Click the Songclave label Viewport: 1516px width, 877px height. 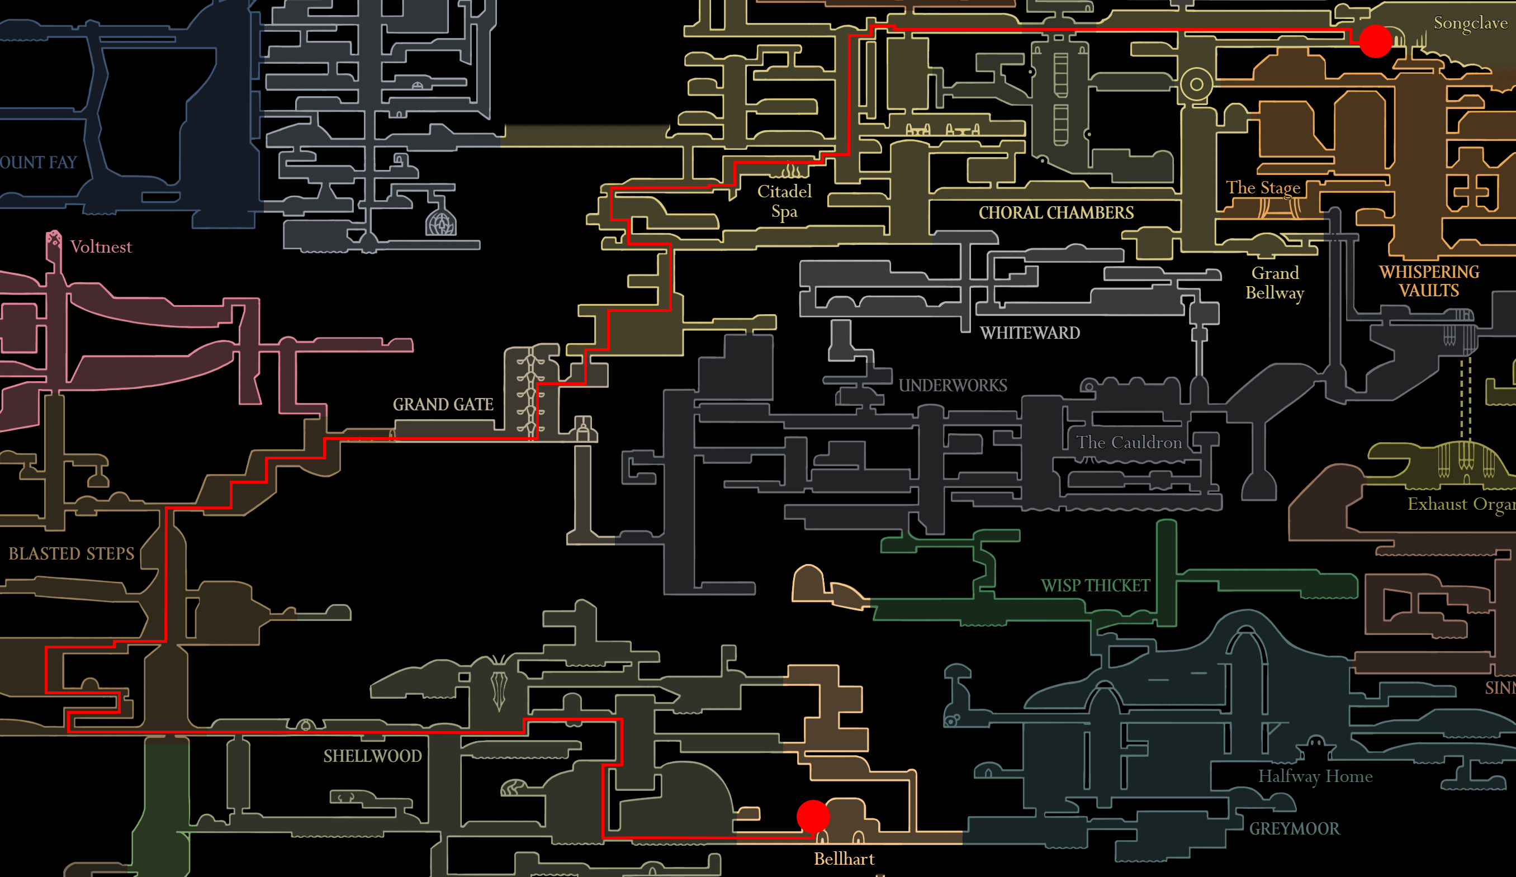click(x=1470, y=23)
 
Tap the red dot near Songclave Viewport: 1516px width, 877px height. click(x=1375, y=41)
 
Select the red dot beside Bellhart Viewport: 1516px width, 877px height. click(x=813, y=816)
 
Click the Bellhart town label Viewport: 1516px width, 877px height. click(x=844, y=859)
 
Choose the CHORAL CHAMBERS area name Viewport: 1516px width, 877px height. click(x=1056, y=213)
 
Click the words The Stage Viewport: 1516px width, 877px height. click(x=1263, y=188)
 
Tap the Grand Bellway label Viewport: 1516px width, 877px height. click(x=1275, y=283)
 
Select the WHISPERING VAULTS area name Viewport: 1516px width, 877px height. click(x=1429, y=282)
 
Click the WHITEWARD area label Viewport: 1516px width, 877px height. click(x=1030, y=333)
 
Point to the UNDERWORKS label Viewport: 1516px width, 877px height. click(x=953, y=386)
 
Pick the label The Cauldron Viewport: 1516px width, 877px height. click(x=1129, y=443)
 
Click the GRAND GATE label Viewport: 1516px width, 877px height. click(x=443, y=404)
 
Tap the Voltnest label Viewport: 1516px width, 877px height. click(x=101, y=247)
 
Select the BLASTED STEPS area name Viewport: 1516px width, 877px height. click(x=71, y=553)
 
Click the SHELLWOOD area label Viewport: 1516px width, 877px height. click(x=372, y=756)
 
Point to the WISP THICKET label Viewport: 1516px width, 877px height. click(x=1096, y=586)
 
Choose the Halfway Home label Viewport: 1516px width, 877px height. click(x=1315, y=776)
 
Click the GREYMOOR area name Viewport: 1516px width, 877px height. click(x=1294, y=829)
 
